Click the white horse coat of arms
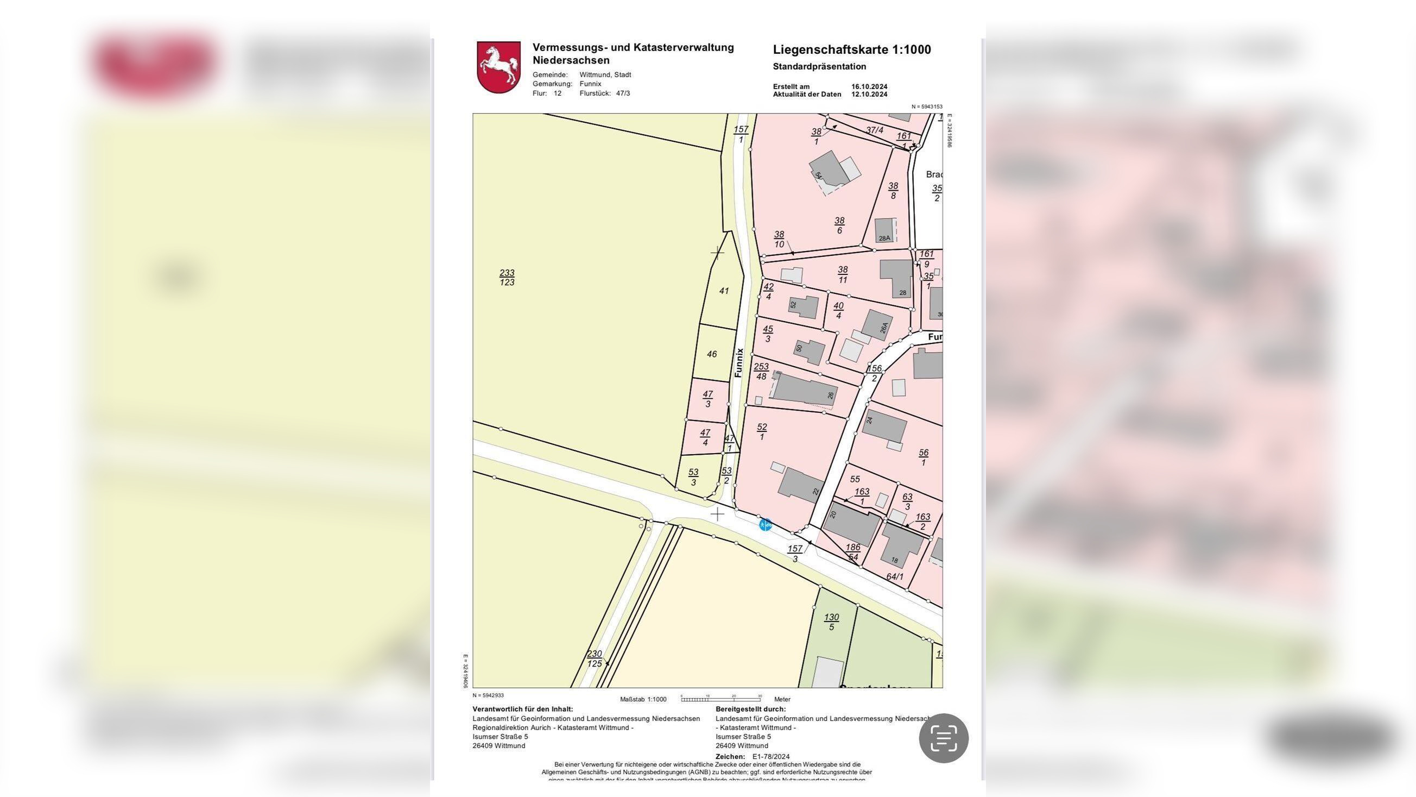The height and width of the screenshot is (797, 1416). tap(498, 67)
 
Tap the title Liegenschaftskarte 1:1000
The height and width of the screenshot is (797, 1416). tap(851, 49)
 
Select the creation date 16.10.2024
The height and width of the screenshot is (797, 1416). tap(869, 86)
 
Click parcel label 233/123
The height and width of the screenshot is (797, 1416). tap(507, 277)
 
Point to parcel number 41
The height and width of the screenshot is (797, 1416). tap(724, 291)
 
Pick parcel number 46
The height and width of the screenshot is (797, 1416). tap(712, 354)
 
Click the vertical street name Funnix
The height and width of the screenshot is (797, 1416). tap(739, 362)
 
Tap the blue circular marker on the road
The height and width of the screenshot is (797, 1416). tap(765, 525)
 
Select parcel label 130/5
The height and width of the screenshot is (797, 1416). tap(831, 622)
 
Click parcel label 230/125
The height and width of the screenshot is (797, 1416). tap(594, 658)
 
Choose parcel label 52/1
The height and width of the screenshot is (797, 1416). tap(761, 432)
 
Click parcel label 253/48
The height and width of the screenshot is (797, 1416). tap(761, 371)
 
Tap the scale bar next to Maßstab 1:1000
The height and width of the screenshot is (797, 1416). tap(720, 699)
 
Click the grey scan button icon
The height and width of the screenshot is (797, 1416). tap(943, 738)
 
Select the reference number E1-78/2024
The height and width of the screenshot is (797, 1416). tap(770, 756)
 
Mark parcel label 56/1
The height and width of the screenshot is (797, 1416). tap(924, 457)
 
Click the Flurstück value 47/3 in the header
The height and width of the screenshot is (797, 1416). tap(623, 93)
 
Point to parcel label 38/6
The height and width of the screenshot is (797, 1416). tap(839, 225)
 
